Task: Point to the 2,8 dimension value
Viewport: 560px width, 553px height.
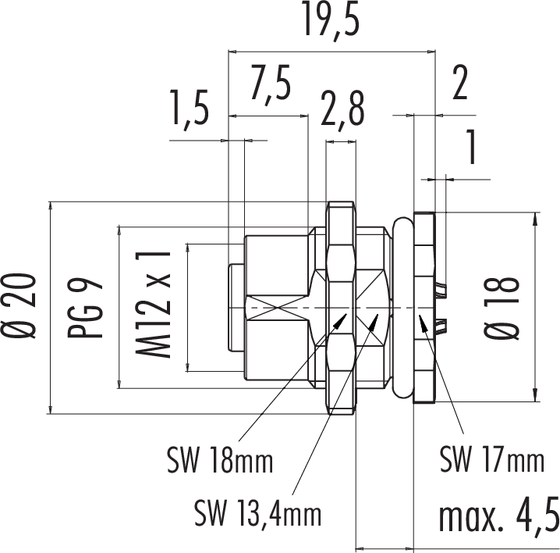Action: pyautogui.click(x=342, y=110)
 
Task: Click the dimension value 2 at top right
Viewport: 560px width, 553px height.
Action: pyautogui.click(x=459, y=84)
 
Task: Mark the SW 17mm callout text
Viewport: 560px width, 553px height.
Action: pyautogui.click(x=491, y=459)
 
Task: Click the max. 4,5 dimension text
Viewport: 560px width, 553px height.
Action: pyautogui.click(x=498, y=518)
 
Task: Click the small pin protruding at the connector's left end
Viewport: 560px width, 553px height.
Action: pyautogui.click(x=236, y=309)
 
